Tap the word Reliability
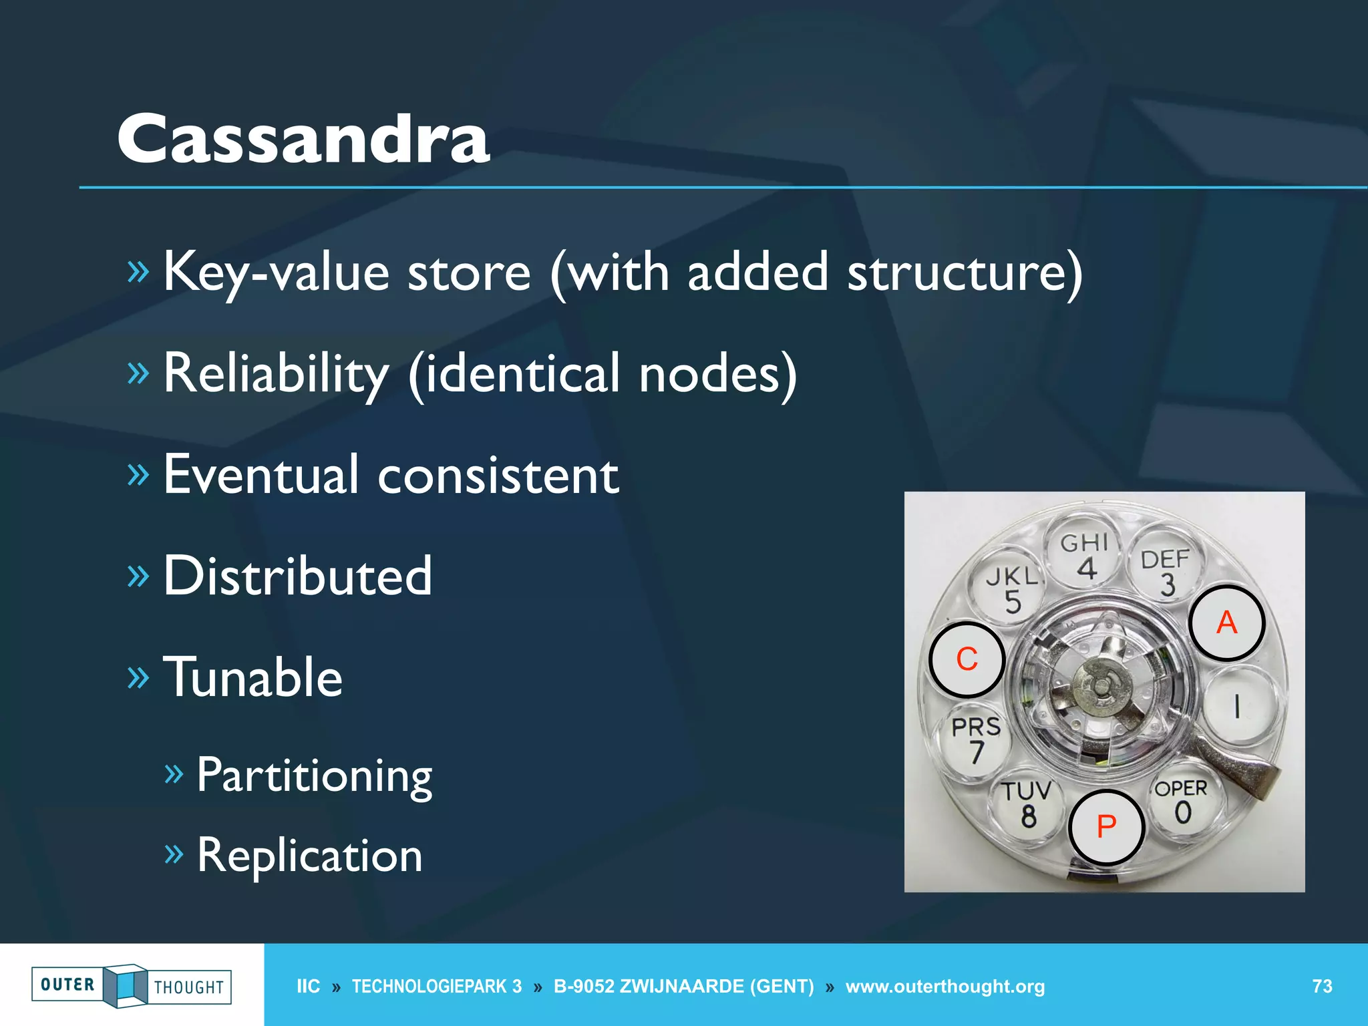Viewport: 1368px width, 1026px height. pos(276,374)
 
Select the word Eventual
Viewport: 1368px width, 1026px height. pos(261,475)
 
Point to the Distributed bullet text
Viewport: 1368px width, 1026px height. pos(298,576)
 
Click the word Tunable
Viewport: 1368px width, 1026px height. pos(252,677)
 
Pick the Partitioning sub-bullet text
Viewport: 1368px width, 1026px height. pos(314,776)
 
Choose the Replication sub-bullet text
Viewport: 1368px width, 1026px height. pos(309,856)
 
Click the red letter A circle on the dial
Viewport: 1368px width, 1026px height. pos(1226,623)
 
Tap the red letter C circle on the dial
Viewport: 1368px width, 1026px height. pos(967,659)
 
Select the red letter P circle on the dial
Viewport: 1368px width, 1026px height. pos(1106,827)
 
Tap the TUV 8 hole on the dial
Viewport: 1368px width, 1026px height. pos(1027,805)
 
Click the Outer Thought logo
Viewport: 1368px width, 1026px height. pos(132,985)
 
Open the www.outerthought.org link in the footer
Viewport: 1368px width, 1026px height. pos(945,987)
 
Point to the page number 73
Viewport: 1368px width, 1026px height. pos(1322,987)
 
